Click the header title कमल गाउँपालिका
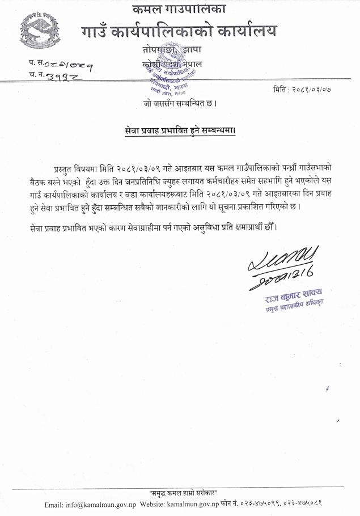click(x=179, y=10)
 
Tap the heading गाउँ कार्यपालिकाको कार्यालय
click(x=179, y=30)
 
